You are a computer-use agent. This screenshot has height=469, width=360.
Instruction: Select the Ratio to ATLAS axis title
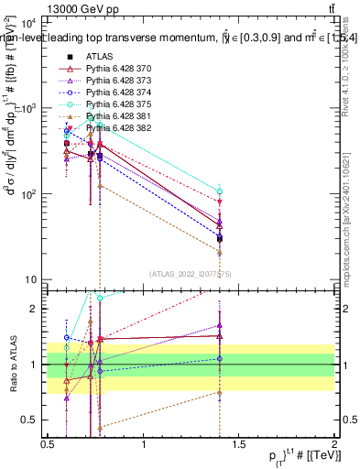[13, 365]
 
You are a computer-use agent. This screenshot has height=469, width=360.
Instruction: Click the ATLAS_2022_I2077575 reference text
[191, 274]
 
